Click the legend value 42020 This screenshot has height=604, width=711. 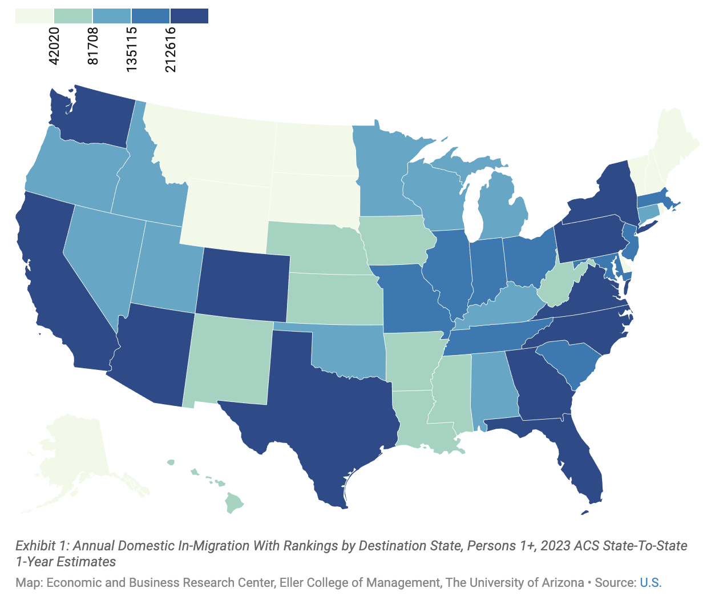coord(54,46)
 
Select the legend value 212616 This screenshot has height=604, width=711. coord(171,50)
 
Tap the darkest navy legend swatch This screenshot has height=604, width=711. coord(189,16)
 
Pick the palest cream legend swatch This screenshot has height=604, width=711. coord(34,16)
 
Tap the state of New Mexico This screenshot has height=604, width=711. coord(228,360)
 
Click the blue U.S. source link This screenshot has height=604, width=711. coord(650,583)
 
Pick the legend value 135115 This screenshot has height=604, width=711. coord(132,49)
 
